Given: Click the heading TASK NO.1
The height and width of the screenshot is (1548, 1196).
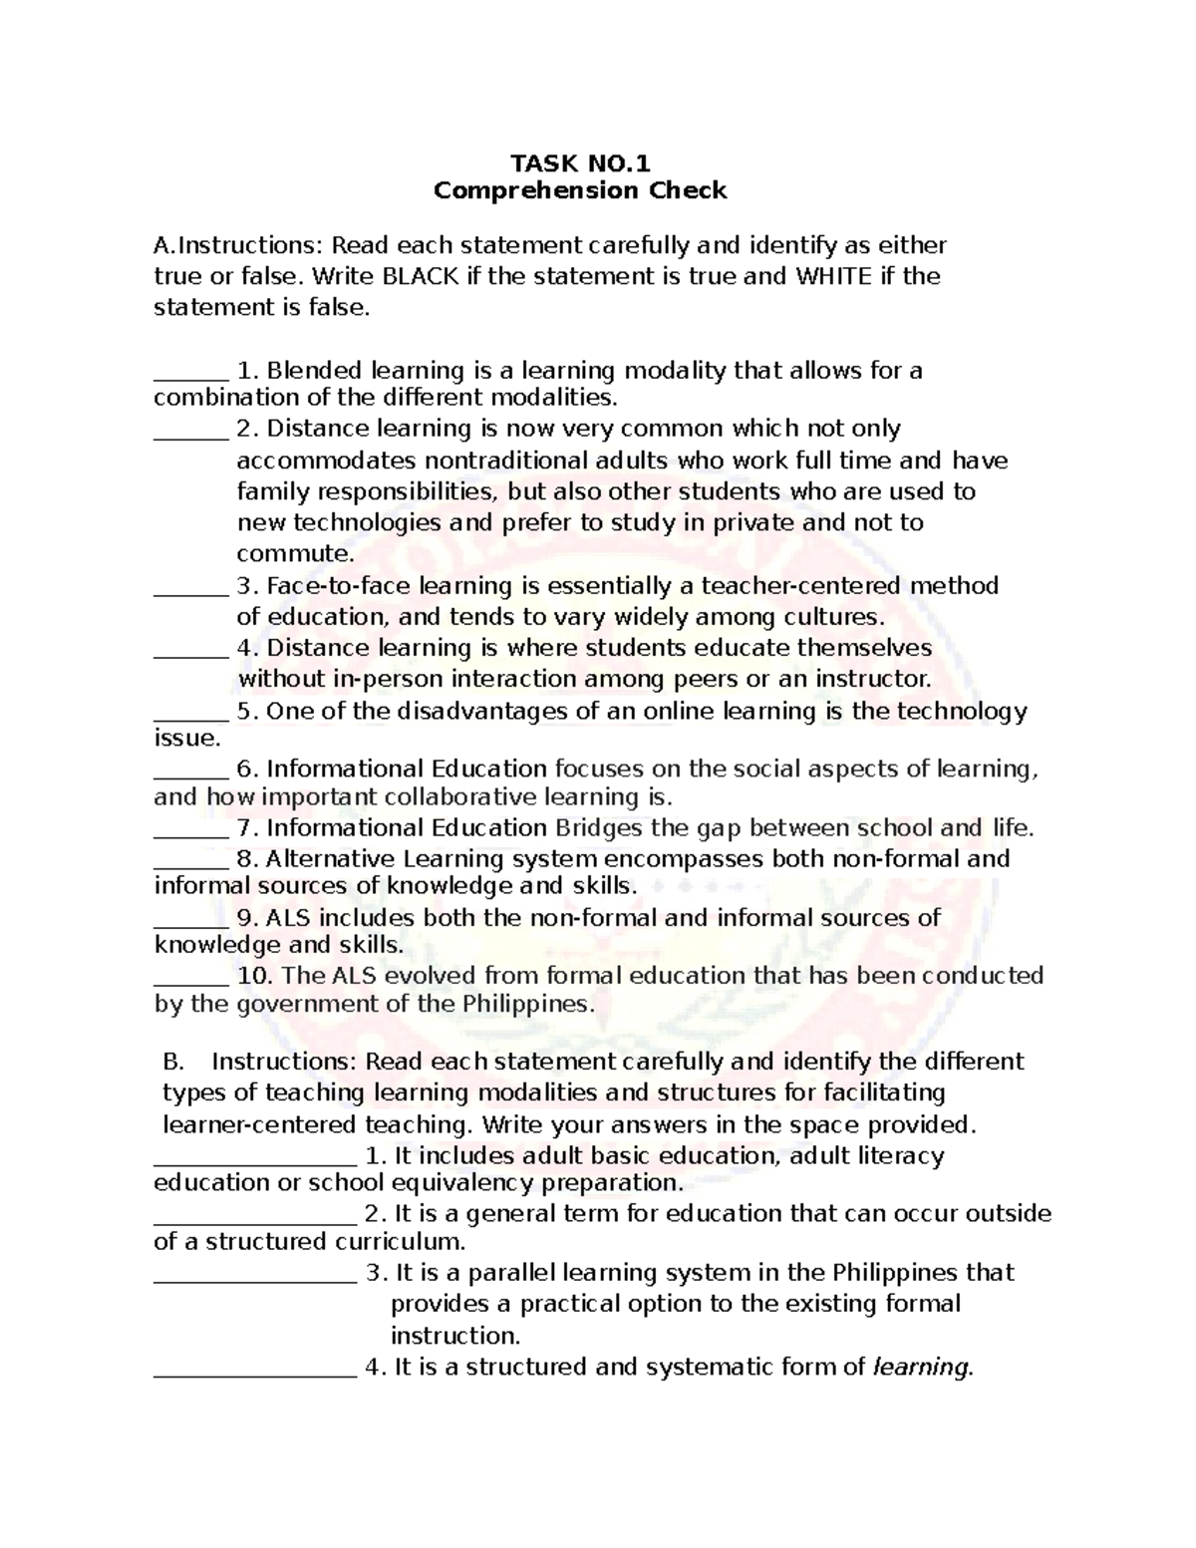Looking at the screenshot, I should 580,162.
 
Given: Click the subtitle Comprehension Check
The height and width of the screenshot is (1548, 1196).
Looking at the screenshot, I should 580,190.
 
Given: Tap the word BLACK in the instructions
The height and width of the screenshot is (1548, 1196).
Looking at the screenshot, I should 422,276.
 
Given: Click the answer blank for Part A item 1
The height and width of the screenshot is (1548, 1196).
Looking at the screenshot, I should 190,377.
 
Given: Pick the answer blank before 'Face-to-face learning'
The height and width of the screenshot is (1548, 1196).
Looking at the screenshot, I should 190,592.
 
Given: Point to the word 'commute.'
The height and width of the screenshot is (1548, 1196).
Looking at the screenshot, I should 295,553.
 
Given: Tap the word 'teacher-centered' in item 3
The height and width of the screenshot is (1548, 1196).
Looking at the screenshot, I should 788,585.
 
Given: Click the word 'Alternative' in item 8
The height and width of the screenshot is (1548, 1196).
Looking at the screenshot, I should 331,859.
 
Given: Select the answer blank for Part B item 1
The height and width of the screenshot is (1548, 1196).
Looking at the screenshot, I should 255,1162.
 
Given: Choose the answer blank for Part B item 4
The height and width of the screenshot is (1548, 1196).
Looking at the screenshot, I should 255,1374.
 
